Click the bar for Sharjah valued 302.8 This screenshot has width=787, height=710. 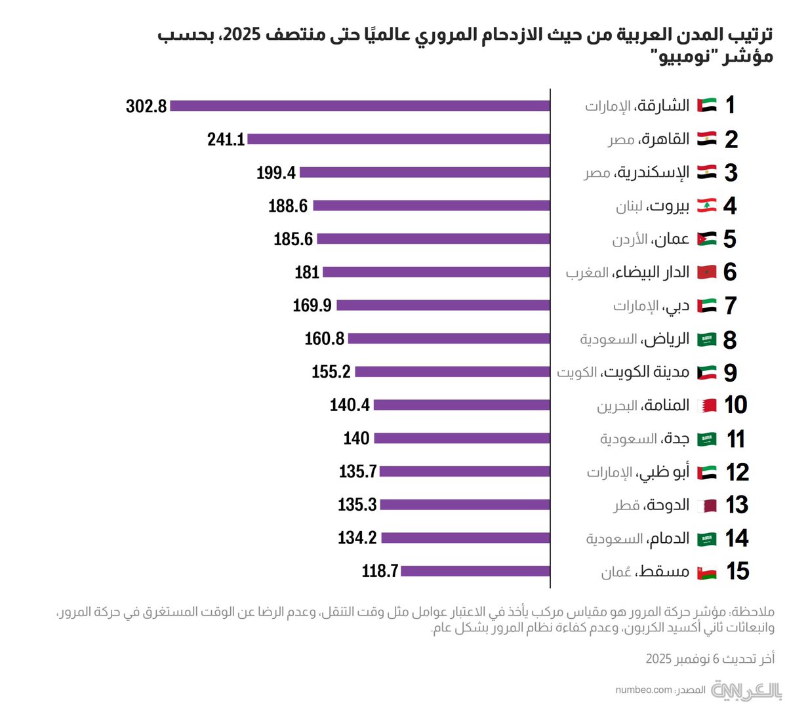point(359,106)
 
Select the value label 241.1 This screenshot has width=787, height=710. point(226,139)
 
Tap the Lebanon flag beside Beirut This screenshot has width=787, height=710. point(706,205)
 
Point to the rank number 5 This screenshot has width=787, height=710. point(730,239)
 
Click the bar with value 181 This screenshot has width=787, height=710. point(436,272)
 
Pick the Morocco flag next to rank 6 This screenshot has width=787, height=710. point(707,272)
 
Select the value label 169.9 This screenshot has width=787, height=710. point(312,306)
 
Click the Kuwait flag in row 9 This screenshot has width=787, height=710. point(707,372)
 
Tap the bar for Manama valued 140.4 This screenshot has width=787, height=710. point(462,405)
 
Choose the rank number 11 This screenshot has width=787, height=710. point(736,439)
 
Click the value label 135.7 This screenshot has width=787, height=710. point(358,471)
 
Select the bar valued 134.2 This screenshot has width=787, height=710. point(466,538)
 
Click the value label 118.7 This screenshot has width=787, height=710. point(380,571)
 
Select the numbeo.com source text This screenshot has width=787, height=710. point(644,690)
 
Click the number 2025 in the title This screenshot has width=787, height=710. point(248,35)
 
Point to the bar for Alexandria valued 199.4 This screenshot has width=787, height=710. point(424,172)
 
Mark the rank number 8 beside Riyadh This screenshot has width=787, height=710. point(730,340)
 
